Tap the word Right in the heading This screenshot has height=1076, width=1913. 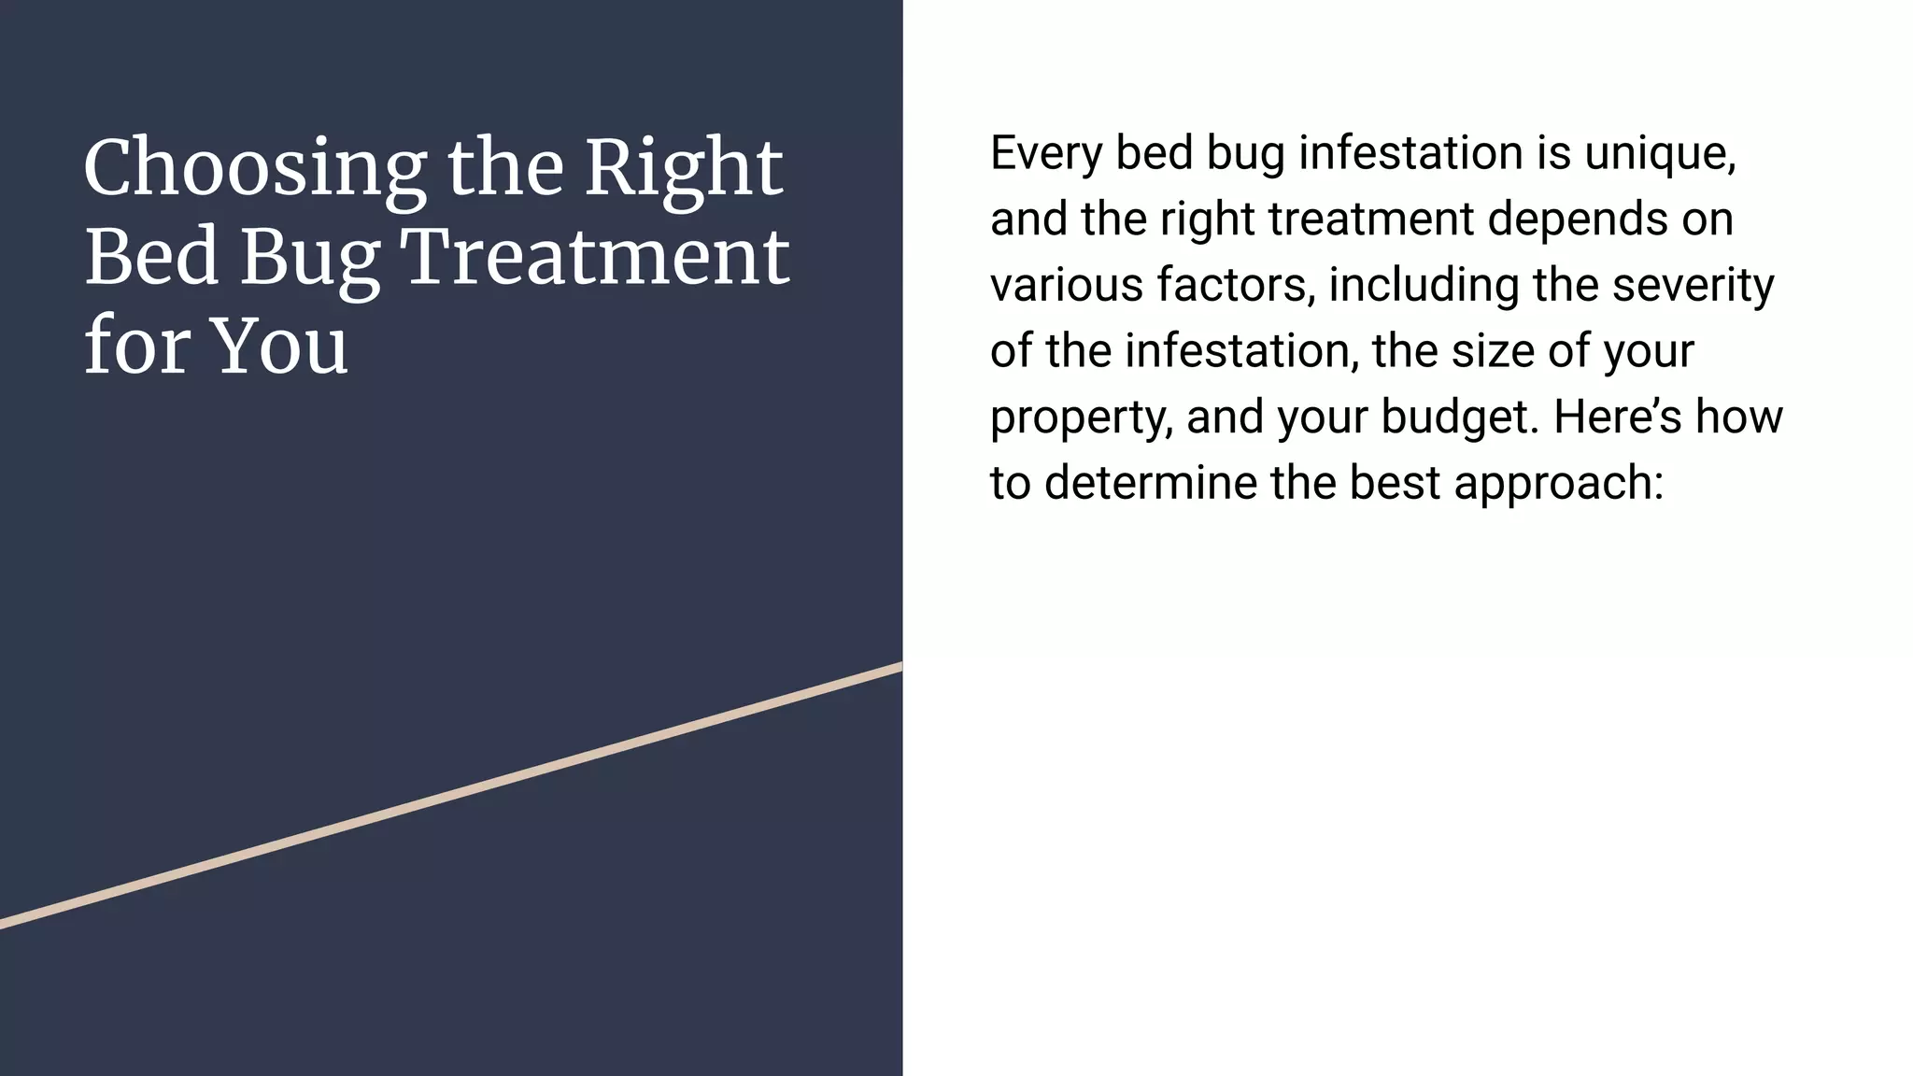(x=684, y=169)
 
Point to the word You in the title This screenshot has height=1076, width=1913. (x=280, y=346)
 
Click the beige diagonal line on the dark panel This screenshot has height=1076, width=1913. (x=451, y=796)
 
